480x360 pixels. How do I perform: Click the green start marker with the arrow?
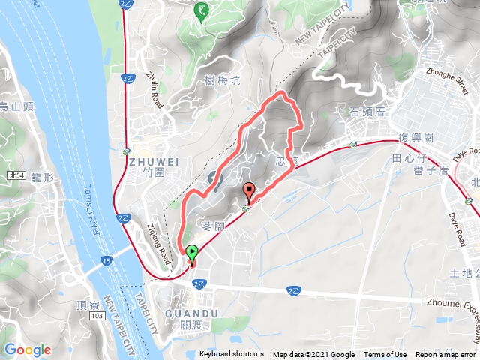(x=192, y=253)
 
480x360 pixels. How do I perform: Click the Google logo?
(x=28, y=349)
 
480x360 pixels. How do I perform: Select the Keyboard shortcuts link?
(x=232, y=355)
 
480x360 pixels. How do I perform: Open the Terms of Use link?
(x=385, y=355)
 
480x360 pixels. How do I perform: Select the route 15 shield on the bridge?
(x=106, y=260)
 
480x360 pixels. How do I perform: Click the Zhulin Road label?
(x=155, y=88)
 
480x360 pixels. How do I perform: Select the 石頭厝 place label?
(x=367, y=111)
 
